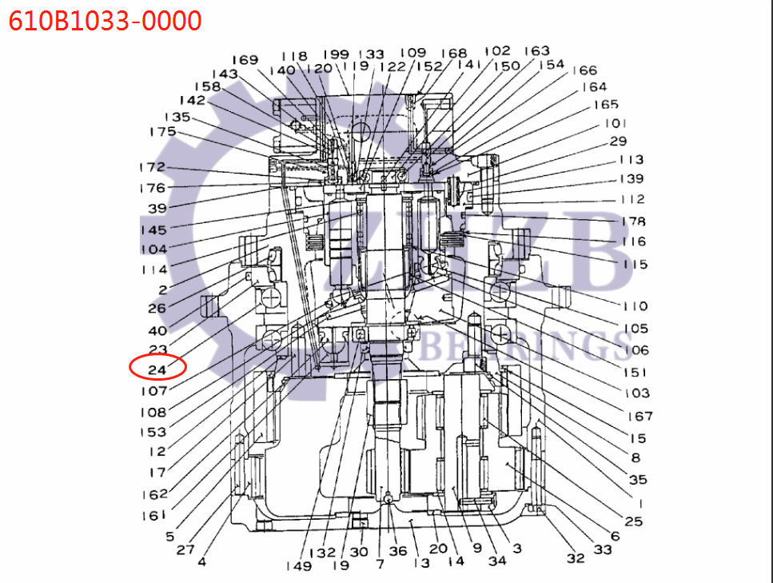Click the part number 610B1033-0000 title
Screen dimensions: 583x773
(105, 19)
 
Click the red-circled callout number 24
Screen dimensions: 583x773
(157, 368)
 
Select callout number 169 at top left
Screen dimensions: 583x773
(245, 60)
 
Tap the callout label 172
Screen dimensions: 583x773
(151, 167)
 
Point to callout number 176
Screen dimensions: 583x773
(151, 188)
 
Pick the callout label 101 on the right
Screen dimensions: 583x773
(614, 123)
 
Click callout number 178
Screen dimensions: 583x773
(632, 221)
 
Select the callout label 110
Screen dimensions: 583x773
(635, 305)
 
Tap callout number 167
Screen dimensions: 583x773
(640, 415)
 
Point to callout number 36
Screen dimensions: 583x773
(397, 551)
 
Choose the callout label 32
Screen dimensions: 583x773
(576, 558)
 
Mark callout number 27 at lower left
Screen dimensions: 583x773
(185, 549)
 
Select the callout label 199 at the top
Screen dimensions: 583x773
(336, 54)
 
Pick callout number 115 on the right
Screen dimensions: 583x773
(635, 264)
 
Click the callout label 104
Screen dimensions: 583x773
(153, 249)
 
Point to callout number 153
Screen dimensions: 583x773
(153, 432)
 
